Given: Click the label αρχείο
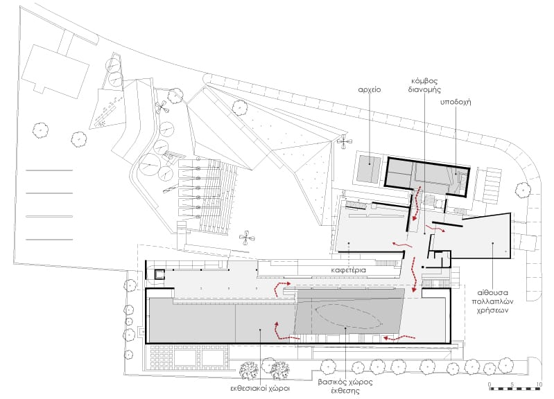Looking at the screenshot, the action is point(370,90).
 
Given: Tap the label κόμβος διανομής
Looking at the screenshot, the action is point(424,85).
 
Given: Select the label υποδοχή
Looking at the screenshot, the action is point(456,103).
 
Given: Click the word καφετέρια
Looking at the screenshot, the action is point(348,270).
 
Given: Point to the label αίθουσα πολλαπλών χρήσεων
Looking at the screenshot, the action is point(492,302).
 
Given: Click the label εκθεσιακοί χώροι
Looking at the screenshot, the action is point(260,389).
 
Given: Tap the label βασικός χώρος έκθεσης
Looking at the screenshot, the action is point(345,387).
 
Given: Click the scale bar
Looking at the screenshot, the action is point(514,389).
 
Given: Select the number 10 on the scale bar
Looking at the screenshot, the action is point(539,384).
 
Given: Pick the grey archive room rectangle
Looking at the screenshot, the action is point(369,169).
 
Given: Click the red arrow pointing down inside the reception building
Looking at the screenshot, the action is point(417,203).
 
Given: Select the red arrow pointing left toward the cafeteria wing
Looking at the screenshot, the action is point(401,244).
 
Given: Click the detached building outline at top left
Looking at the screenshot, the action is point(55,71).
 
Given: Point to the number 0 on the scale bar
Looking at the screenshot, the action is point(490,384).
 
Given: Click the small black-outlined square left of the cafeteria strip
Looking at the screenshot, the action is point(159,274).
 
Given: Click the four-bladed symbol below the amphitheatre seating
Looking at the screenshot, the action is point(246,238).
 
